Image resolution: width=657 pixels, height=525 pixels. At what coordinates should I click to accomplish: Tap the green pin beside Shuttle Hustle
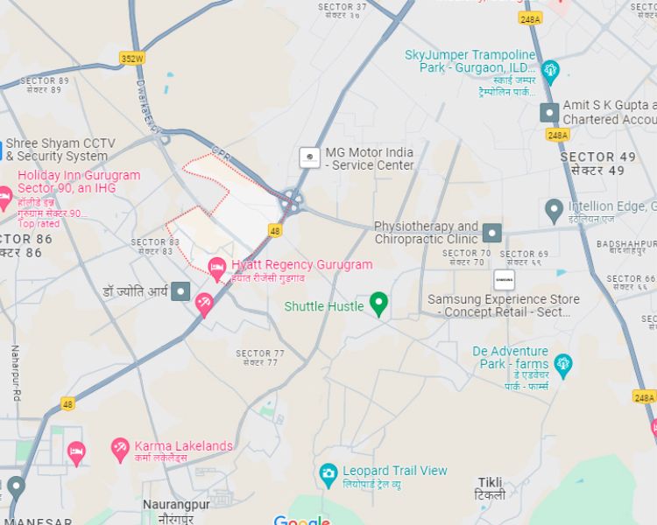[x=378, y=304]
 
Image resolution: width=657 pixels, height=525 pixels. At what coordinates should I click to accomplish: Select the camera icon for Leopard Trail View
[x=328, y=476]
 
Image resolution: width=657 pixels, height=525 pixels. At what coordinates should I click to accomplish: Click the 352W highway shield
[x=132, y=59]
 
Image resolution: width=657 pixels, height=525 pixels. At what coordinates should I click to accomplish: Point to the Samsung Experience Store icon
[x=504, y=280]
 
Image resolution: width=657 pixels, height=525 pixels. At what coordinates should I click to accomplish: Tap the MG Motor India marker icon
[x=309, y=157]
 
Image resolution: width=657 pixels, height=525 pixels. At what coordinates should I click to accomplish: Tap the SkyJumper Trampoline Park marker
[x=550, y=70]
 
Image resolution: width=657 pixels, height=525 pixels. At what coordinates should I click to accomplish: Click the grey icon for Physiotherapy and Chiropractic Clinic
[x=492, y=233]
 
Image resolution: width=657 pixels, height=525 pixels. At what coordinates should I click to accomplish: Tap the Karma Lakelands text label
[x=184, y=446]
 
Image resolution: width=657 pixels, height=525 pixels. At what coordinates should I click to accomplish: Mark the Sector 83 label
[x=155, y=247]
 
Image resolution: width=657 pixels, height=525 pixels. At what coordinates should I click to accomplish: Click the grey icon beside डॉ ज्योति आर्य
[x=181, y=291]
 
